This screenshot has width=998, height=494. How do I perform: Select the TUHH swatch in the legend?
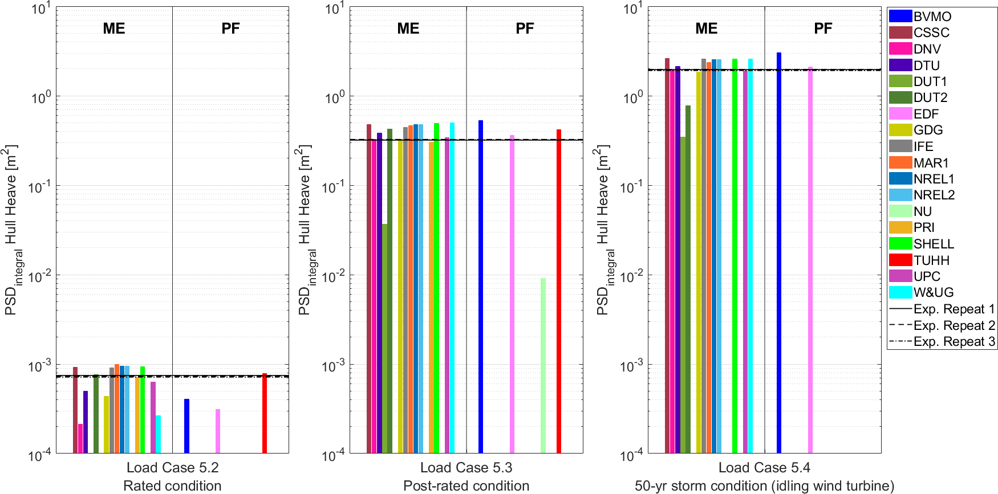click(x=900, y=260)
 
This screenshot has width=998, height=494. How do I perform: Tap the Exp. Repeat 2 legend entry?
click(x=942, y=325)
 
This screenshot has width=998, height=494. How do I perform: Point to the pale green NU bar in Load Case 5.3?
click(x=543, y=365)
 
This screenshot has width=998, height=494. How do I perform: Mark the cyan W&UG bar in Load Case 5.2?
click(x=159, y=434)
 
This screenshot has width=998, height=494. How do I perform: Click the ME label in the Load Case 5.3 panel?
click(x=408, y=28)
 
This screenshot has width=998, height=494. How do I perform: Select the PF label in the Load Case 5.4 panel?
click(x=823, y=28)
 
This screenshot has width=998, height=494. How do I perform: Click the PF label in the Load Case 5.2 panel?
click(x=230, y=28)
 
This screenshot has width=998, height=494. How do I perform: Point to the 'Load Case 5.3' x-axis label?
click(x=466, y=468)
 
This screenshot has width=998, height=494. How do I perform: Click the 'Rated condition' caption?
click(x=172, y=486)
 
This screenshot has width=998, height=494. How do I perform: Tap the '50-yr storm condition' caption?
click(x=764, y=486)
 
